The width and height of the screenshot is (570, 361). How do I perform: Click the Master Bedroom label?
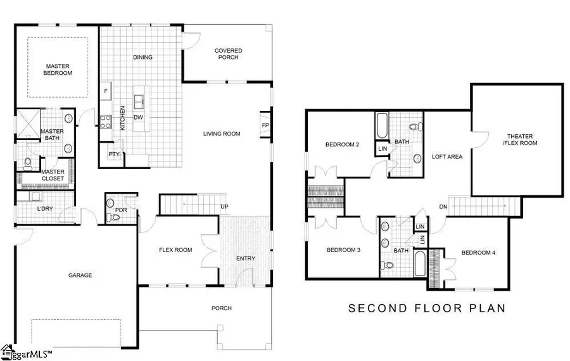58,69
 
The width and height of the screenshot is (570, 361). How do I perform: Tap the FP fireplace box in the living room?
265,125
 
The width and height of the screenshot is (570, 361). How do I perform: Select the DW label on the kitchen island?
138,118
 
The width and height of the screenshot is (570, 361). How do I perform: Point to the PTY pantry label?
114,154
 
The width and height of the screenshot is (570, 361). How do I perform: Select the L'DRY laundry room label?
44,208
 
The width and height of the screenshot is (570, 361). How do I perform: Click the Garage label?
80,275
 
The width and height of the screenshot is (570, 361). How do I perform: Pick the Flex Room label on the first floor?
175,250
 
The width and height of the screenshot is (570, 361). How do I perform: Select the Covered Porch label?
228,54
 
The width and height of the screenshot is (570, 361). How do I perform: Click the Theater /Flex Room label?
519,139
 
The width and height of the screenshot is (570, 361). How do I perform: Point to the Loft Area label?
445,156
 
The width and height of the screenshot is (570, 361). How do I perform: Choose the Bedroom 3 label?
343,250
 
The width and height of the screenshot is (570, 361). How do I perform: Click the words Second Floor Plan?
427,308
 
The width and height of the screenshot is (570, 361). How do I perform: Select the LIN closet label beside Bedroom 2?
383,149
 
